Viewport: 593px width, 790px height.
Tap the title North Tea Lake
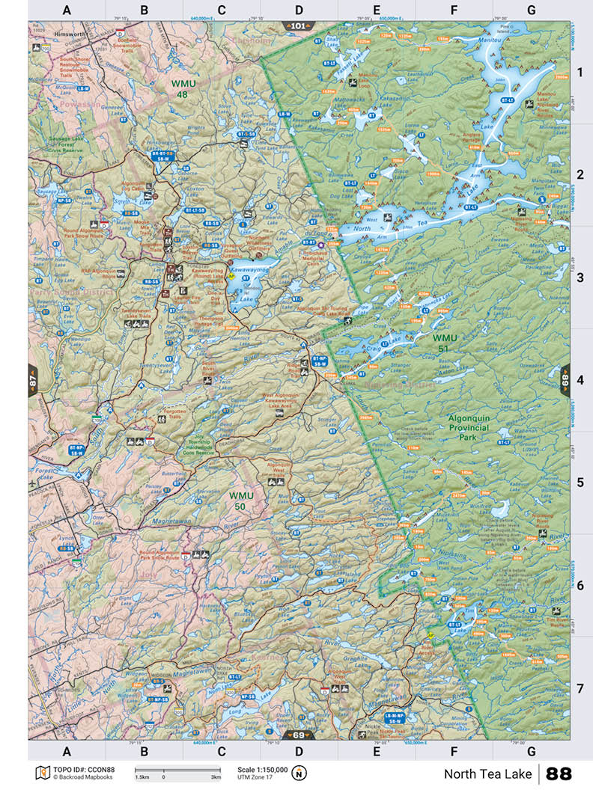pyautogui.click(x=487, y=774)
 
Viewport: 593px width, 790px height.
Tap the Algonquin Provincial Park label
pyautogui.click(x=468, y=428)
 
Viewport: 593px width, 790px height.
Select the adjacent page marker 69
pyautogui.click(x=298, y=735)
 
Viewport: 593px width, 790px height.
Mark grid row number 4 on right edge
pyautogui.click(x=580, y=380)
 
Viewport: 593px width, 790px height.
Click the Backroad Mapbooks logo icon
pyautogui.click(x=42, y=773)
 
